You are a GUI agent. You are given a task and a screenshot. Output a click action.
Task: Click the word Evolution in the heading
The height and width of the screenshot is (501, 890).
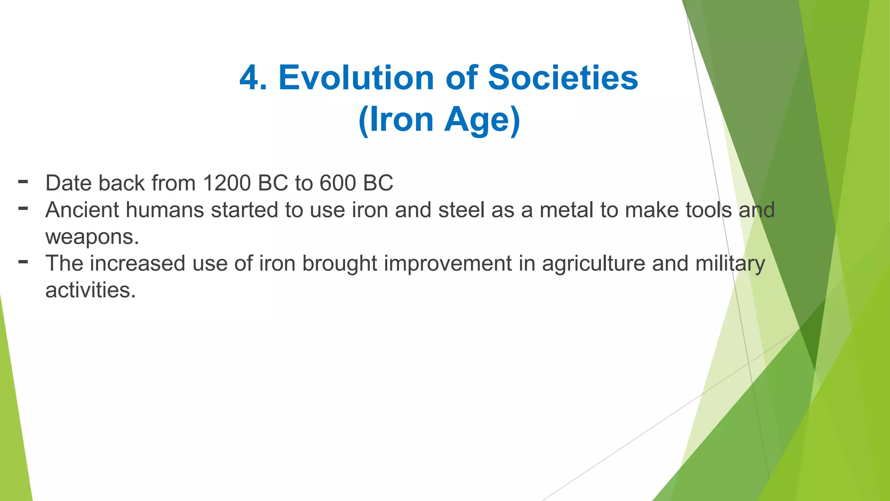[x=356, y=78]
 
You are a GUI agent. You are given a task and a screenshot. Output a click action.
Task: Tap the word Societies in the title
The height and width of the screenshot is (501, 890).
[x=563, y=78]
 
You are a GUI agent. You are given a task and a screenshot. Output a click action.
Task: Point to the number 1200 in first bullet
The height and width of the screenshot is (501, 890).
[x=226, y=183]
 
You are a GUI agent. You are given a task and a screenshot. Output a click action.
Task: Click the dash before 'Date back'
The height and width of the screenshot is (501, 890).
[x=23, y=181]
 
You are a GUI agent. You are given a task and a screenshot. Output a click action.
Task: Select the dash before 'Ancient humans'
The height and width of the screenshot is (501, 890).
[x=23, y=208]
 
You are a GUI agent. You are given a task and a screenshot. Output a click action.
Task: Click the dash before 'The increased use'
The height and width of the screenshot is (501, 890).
[x=23, y=262]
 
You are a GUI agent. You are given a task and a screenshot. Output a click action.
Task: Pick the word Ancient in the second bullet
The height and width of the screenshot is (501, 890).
[x=82, y=210]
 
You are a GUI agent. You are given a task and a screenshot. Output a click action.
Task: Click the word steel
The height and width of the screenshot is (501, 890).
[x=461, y=210]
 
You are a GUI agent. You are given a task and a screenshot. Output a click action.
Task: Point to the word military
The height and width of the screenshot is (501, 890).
[x=730, y=264]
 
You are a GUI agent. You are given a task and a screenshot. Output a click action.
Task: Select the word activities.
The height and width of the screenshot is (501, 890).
[x=90, y=291]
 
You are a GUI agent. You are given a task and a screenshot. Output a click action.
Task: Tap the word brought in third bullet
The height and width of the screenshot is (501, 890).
[x=339, y=264]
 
